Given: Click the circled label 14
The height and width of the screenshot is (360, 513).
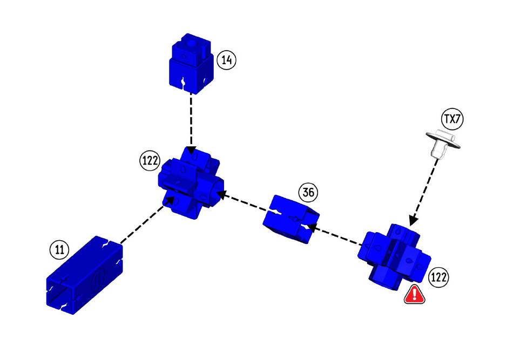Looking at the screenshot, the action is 227,60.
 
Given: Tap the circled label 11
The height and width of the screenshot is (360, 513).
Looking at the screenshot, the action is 60,249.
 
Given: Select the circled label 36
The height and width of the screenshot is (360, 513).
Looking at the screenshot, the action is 309,192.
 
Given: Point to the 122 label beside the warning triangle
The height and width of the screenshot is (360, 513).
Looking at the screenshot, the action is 438,277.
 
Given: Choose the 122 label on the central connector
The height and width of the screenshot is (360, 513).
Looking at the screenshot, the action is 149,161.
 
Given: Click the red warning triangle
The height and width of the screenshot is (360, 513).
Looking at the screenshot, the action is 414,294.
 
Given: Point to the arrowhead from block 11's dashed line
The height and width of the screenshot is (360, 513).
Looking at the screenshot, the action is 171,199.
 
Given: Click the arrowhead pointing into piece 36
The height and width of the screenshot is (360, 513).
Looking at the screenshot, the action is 312,228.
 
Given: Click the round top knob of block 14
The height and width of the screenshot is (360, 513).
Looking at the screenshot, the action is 189,42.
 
